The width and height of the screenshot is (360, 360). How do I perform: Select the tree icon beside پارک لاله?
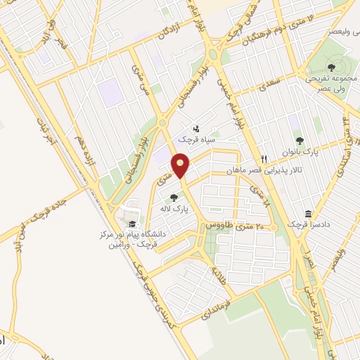pos(174,198)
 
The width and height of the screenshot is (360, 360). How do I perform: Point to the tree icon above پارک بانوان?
pos(300,141)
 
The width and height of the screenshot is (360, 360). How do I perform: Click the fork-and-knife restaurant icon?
pos(264,159)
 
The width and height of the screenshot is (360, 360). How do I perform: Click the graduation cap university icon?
pos(133,224)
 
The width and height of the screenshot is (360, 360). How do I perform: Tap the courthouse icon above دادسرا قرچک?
pos(309,214)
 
